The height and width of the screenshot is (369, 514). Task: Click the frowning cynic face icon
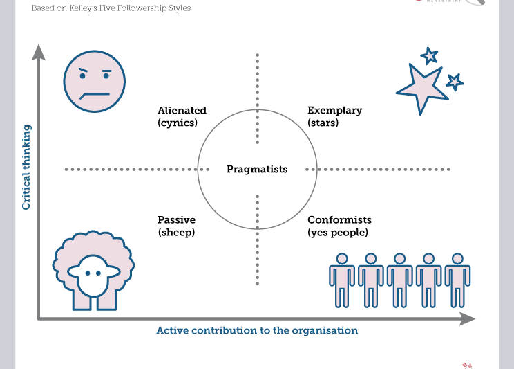coord(94,81)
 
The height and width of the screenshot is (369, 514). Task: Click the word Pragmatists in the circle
coord(257,169)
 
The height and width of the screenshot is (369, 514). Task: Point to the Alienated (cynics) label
coord(182,116)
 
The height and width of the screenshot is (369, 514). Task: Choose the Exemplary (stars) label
coord(334,116)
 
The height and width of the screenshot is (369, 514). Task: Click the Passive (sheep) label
coord(176,226)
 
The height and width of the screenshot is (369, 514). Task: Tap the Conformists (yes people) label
coord(339,226)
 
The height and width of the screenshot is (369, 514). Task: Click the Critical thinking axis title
coord(26,167)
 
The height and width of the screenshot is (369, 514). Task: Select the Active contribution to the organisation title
coord(257,330)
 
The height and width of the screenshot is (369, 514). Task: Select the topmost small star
coord(430,55)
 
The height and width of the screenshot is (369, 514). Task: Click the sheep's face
coord(93,275)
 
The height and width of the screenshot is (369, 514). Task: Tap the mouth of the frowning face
coord(95,94)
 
